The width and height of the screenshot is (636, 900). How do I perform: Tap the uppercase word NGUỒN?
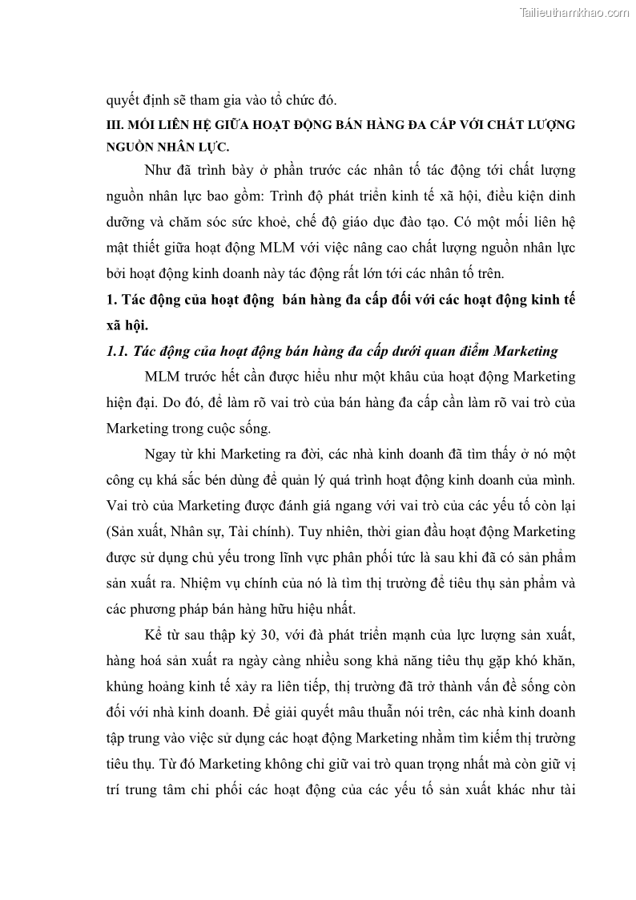click(130, 148)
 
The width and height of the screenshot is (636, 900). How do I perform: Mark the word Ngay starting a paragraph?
click(162, 454)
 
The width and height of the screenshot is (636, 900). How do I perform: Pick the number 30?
click(264, 635)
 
